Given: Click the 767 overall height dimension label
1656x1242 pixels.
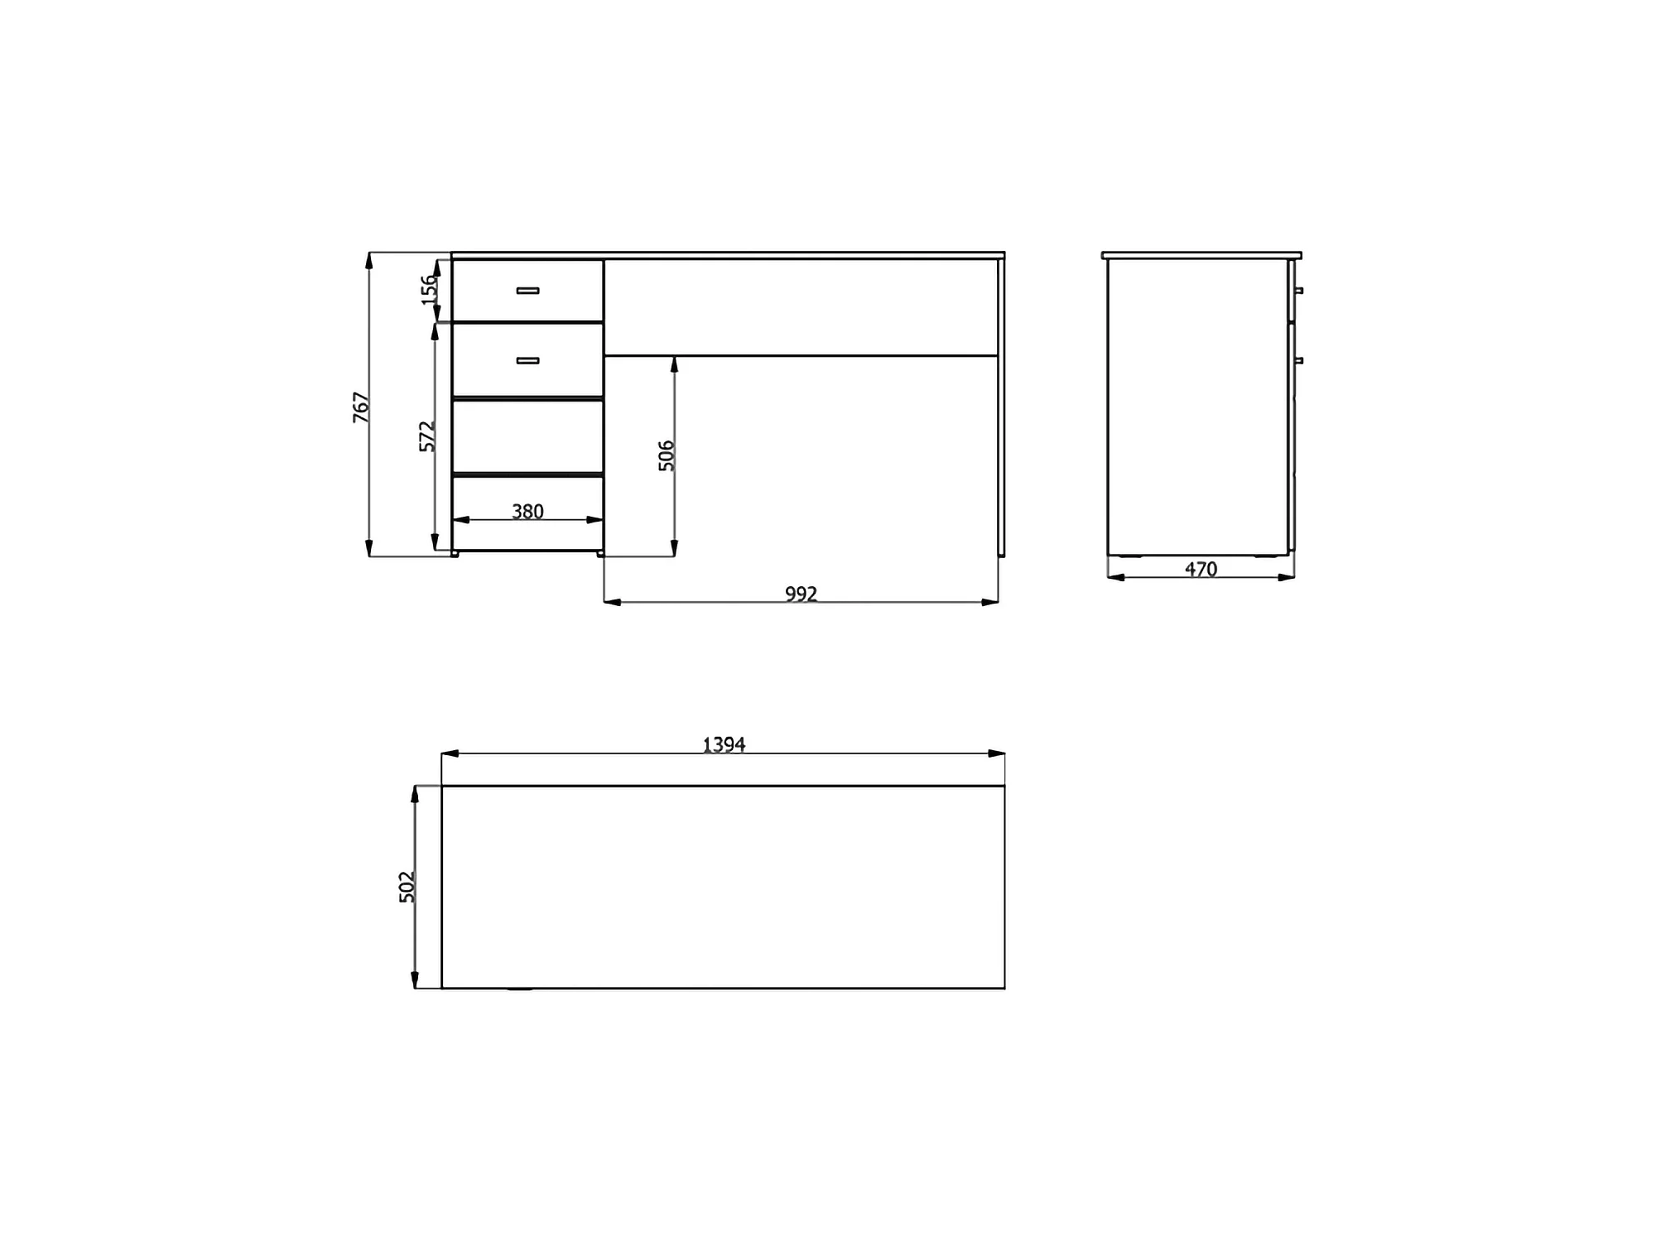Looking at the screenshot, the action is pos(361,407).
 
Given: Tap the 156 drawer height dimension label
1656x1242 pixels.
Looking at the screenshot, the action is pos(428,290).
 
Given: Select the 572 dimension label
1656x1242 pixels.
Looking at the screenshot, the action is pos(426,436).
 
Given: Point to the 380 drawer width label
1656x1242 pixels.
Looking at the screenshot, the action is pos(527,512).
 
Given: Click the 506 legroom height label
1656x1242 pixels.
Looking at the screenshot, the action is pos(667,456).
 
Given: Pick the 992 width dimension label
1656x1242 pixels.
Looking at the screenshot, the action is pos(801,594).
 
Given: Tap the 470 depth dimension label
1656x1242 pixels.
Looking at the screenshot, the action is pos(1201,569).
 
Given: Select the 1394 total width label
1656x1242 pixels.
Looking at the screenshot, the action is pos(724,744).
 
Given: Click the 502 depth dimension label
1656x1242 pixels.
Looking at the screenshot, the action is pos(407,887).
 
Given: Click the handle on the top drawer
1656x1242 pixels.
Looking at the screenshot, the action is pos(527,291).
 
